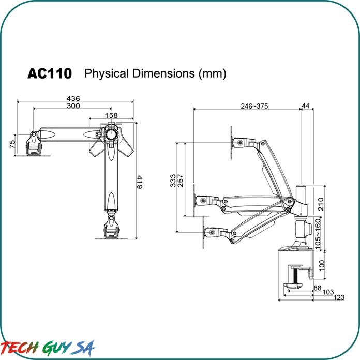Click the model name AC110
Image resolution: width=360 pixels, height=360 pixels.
coord(50,73)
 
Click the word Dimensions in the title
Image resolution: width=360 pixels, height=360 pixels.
coord(163,73)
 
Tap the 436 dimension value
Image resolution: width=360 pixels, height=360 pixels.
coord(73,98)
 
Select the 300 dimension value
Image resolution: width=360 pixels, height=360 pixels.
coord(73,106)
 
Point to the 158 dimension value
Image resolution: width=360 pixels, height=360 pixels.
coord(111,115)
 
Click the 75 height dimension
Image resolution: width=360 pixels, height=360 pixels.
coord(12,144)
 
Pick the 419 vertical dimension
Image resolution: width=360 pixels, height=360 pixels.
coord(140,182)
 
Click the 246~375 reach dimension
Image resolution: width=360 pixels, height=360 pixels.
coord(254,106)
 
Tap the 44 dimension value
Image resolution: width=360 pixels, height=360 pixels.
coord(305,106)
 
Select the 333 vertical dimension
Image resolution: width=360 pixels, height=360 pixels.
coord(173,181)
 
